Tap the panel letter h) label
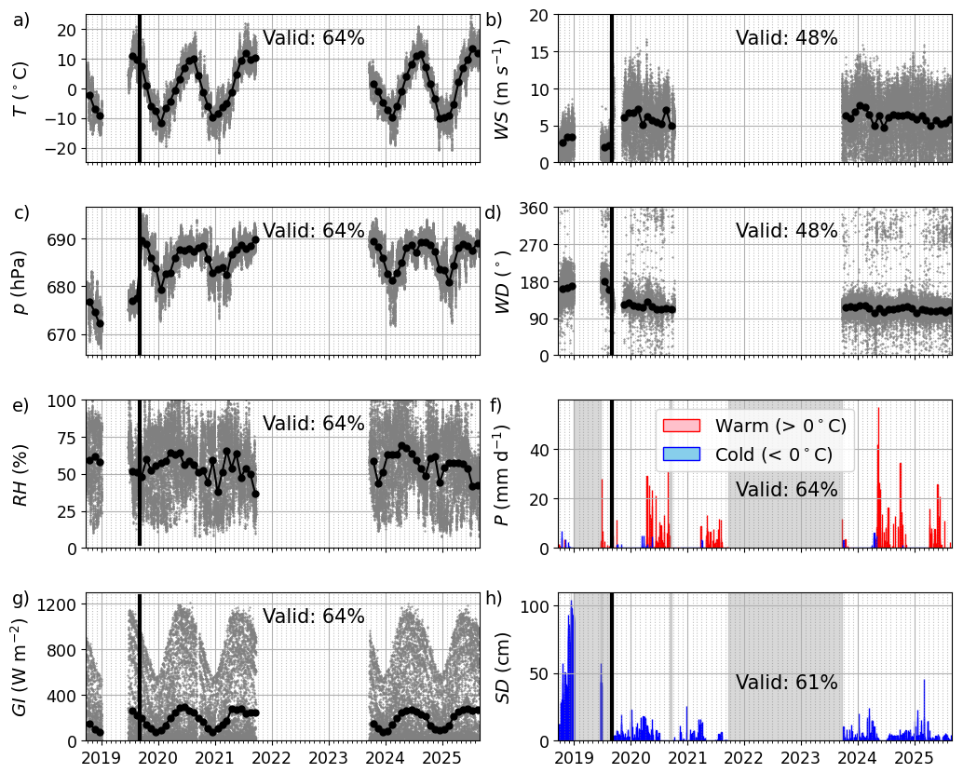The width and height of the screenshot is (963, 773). [494, 598]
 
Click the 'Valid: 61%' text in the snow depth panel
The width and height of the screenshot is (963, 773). [787, 682]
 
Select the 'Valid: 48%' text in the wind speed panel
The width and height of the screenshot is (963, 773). [787, 38]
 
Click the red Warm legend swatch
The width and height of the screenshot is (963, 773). [681, 426]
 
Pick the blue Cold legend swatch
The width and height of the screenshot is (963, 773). [681, 454]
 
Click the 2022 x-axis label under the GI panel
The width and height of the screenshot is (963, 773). [271, 758]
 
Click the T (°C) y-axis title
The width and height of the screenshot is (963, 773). [20, 89]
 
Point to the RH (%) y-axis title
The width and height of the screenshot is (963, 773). [20, 475]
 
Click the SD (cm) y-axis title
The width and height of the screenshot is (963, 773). [502, 668]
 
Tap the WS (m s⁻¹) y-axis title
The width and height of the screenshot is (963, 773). [501, 89]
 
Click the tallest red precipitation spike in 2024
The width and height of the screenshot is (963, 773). [878, 408]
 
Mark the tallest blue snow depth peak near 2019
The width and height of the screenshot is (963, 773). [571, 602]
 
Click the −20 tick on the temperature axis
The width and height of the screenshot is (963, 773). [62, 149]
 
